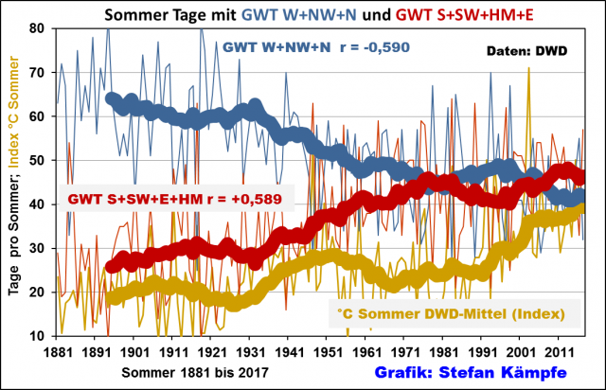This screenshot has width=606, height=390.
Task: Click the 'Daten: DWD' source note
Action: (526, 50)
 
